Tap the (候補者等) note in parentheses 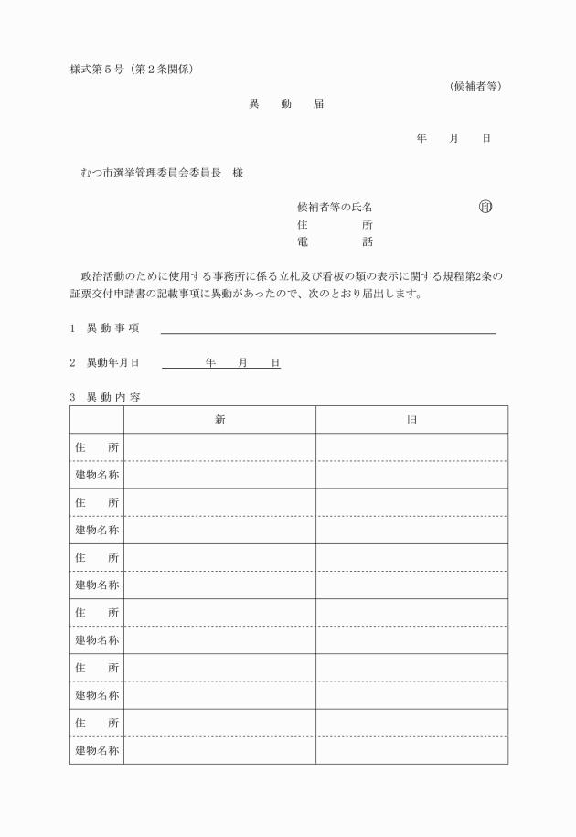pos(475,86)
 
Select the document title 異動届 pos(286,104)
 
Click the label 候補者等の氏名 pos(335,208)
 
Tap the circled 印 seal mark pos(485,207)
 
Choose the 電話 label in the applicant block pos(335,242)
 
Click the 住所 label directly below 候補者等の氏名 pos(335,225)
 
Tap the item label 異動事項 pos(112,328)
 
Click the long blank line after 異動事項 pos(328,331)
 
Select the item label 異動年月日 pos(112,363)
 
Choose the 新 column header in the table pos(220,419)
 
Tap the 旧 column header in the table pos(412,419)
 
